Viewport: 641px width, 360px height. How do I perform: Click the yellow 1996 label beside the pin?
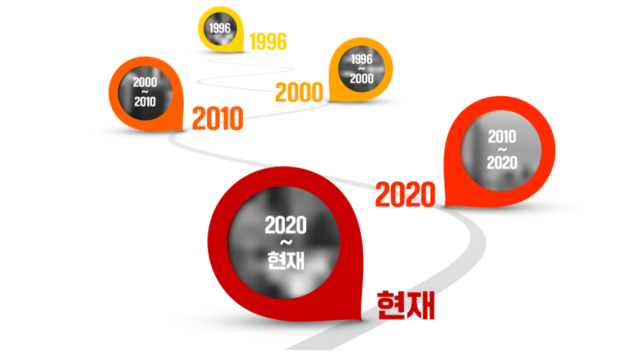click(268, 42)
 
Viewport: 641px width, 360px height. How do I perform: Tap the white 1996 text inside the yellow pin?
click(220, 28)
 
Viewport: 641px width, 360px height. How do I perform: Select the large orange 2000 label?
click(299, 92)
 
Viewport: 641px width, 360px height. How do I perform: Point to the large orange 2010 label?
click(217, 119)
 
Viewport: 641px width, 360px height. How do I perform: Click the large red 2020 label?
click(406, 194)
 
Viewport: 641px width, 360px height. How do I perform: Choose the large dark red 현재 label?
click(406, 305)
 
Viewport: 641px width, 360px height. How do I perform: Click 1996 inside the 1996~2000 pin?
click(361, 59)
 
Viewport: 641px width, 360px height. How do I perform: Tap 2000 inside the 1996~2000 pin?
click(361, 78)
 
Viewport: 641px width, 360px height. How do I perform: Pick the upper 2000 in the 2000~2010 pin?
click(145, 82)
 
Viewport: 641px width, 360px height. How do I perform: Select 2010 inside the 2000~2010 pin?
click(145, 101)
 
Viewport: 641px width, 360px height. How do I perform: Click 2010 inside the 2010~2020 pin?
click(502, 137)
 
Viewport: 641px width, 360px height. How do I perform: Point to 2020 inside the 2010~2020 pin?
click(502, 163)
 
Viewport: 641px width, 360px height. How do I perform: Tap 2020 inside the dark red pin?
click(285, 225)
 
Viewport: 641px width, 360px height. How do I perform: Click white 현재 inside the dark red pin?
click(286, 260)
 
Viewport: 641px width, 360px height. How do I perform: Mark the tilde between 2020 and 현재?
click(286, 243)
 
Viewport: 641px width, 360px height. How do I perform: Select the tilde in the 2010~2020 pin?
click(502, 150)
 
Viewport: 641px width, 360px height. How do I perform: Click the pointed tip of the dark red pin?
click(361, 320)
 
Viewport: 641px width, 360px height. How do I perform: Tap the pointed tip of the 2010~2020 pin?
click(445, 206)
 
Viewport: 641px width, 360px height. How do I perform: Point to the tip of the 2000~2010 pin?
click(183, 130)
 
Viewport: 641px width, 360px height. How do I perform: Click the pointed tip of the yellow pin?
click(243, 51)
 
